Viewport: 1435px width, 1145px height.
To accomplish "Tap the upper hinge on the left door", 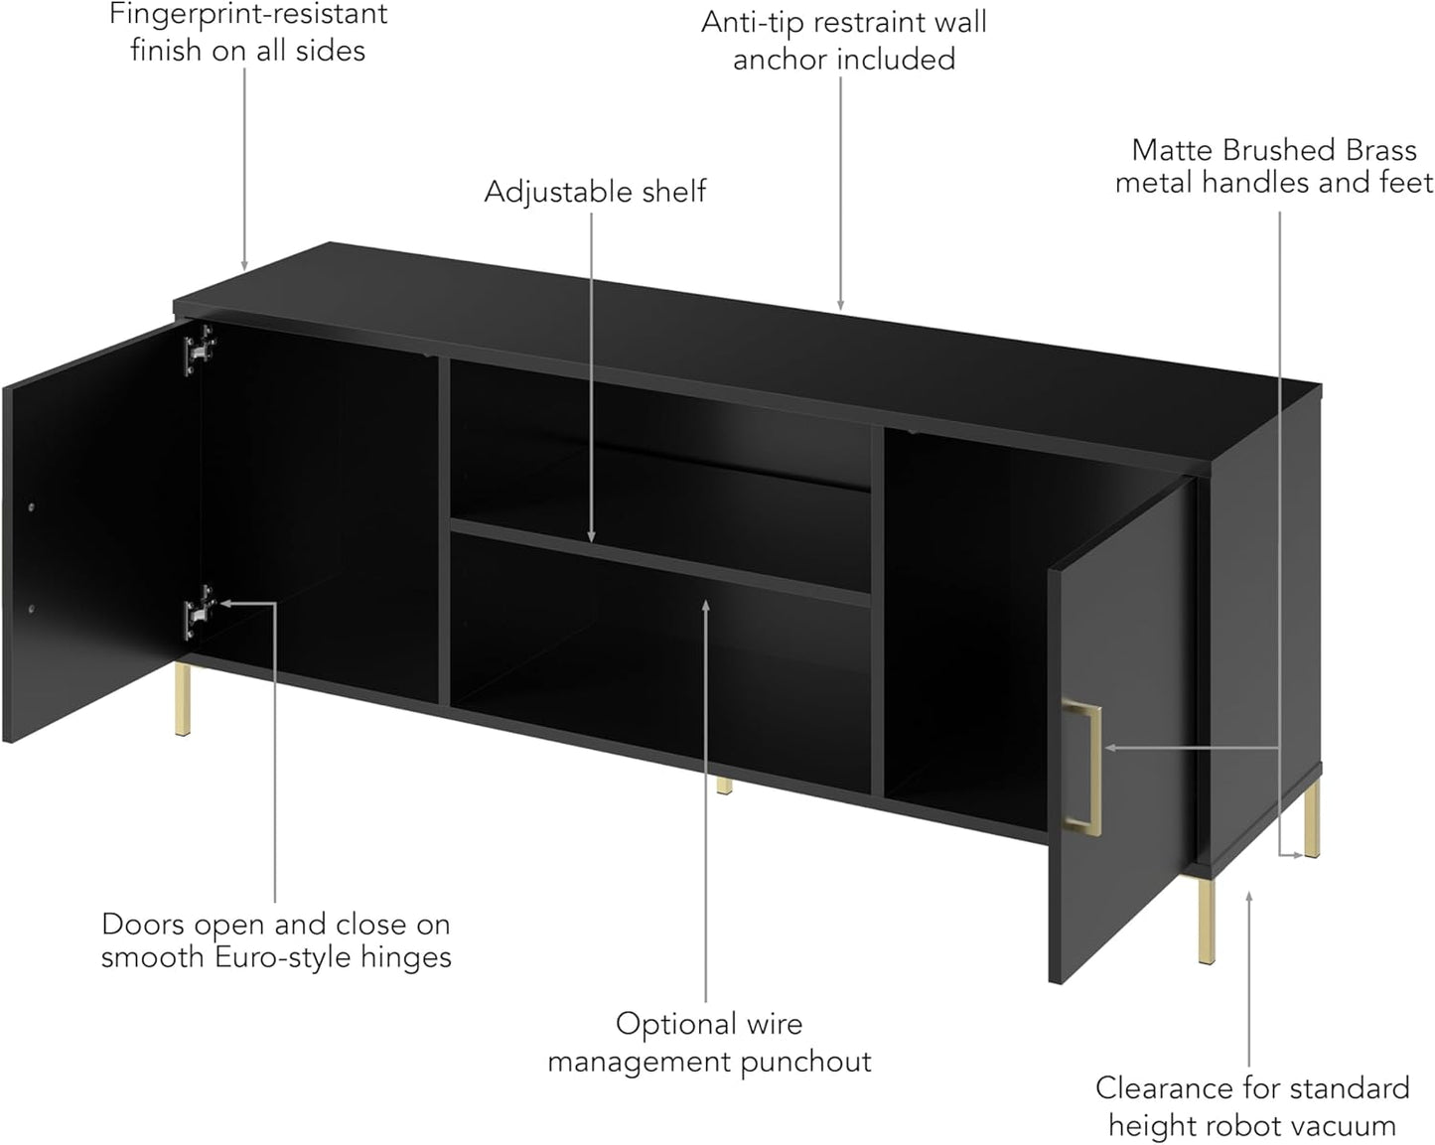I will click(x=200, y=350).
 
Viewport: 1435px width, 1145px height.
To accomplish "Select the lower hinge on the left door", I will click(x=200, y=611).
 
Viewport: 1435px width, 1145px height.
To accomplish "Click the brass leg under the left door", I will click(x=183, y=699).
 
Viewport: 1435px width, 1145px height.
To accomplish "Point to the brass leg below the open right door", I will click(x=1206, y=922).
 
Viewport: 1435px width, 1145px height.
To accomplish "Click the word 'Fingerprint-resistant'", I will click(x=247, y=15).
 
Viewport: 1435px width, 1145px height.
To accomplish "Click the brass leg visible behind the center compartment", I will click(x=724, y=786).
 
